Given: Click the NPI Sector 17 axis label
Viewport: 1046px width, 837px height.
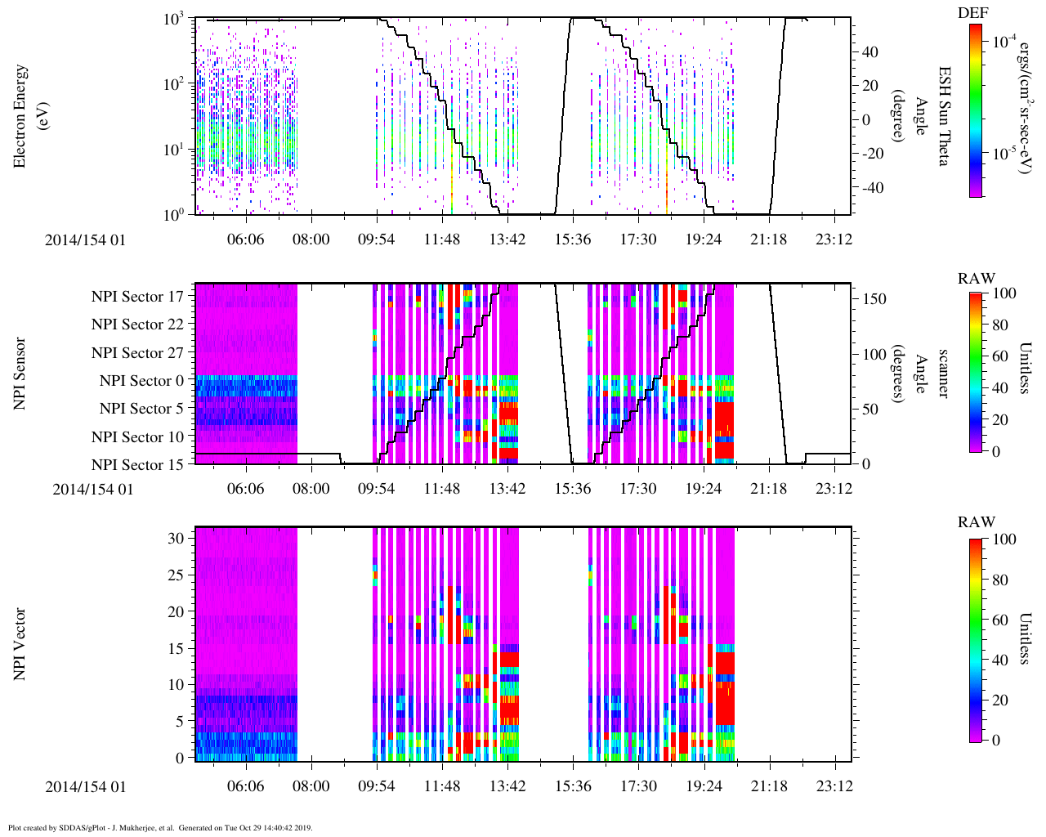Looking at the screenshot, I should [x=137, y=297].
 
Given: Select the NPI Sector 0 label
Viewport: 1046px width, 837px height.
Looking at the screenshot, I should [x=141, y=381].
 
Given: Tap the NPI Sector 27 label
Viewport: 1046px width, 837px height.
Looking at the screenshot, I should [x=137, y=353].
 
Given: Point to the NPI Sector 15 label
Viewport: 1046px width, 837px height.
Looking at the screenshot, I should [x=137, y=465].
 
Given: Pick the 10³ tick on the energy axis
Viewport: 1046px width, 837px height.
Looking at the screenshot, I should [x=172, y=20].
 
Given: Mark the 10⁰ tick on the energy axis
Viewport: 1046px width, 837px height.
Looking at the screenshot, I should [x=172, y=214].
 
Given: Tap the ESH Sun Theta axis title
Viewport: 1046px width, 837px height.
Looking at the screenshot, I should [x=943, y=116].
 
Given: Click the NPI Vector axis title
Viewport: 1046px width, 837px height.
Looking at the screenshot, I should [x=20, y=644].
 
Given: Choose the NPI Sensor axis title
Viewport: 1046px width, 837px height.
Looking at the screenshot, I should [x=20, y=374].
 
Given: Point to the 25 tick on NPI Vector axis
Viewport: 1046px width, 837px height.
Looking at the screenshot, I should [x=175, y=575].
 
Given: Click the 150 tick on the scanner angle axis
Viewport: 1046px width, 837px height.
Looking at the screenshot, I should [x=875, y=299].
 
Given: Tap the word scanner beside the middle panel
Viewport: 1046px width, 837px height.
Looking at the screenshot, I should [x=943, y=374].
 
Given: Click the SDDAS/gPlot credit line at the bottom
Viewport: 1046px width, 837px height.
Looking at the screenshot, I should [x=160, y=827].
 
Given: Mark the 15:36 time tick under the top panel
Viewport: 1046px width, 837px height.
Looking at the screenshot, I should [x=573, y=239].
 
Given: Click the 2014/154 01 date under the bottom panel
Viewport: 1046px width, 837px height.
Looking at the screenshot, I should [x=86, y=787].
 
